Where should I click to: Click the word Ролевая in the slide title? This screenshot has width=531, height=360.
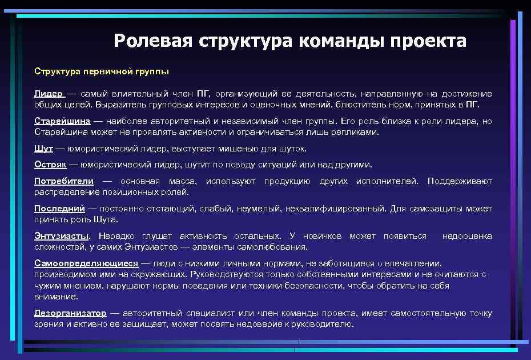pyautogui.click(x=153, y=41)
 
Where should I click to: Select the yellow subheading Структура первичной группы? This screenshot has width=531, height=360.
pyautogui.click(x=102, y=72)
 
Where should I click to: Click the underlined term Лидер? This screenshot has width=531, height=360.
pyautogui.click(x=49, y=94)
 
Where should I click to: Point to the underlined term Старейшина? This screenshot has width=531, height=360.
pyautogui.click(x=62, y=121)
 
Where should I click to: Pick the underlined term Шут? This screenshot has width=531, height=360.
pyautogui.click(x=43, y=149)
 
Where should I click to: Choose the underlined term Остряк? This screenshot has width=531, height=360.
pyautogui.click(x=50, y=165)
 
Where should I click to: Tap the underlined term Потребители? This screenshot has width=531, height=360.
pyautogui.click(x=64, y=181)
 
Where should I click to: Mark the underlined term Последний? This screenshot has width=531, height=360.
pyautogui.click(x=59, y=209)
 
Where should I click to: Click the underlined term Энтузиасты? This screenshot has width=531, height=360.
pyautogui.click(x=62, y=236)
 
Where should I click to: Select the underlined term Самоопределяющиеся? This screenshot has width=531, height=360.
pyautogui.click(x=86, y=263)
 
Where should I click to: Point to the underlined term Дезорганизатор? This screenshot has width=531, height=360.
pyautogui.click(x=70, y=313)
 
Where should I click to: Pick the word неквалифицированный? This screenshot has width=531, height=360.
pyautogui.click(x=335, y=209)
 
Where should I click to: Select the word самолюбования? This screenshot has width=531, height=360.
pyautogui.click(x=275, y=247)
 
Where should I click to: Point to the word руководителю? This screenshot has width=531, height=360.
pyautogui.click(x=325, y=324)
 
